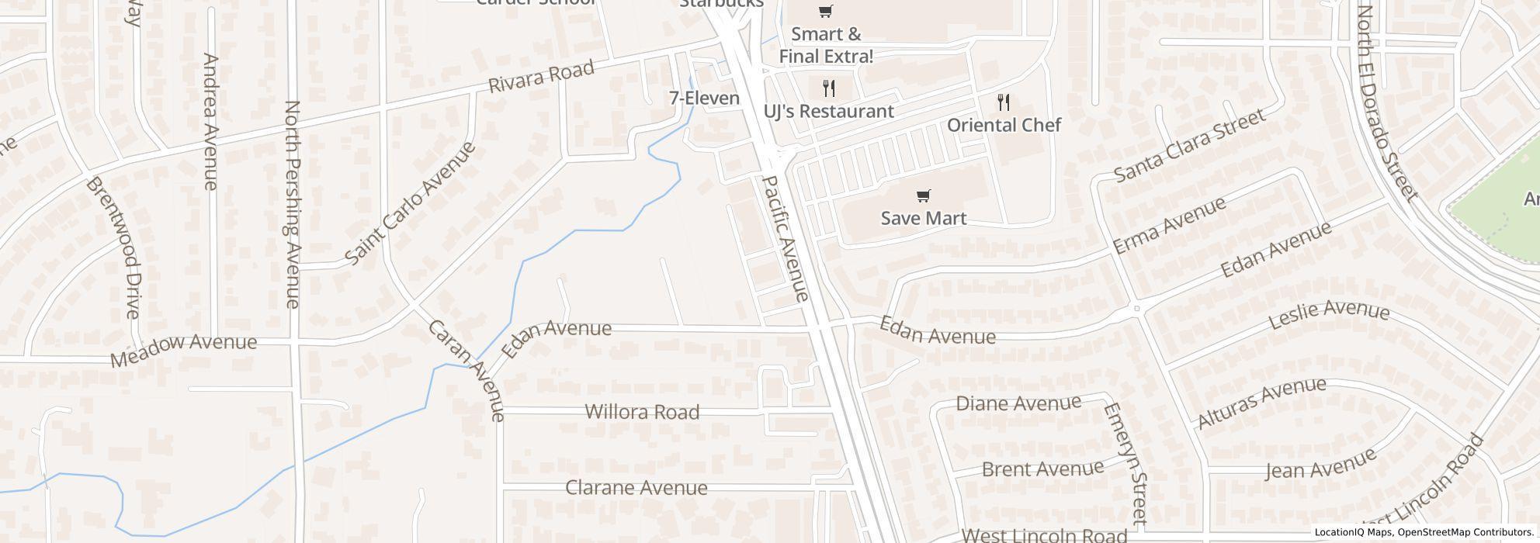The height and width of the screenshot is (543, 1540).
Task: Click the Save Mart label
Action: tap(923, 218)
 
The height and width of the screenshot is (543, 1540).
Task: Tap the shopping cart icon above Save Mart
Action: tap(923, 195)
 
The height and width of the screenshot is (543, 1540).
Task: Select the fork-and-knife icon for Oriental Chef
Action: tap(1004, 102)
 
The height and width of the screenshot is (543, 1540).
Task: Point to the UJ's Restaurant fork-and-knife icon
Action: tap(829, 88)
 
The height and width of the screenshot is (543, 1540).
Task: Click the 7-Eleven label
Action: tap(704, 99)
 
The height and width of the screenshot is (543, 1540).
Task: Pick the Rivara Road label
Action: tap(541, 77)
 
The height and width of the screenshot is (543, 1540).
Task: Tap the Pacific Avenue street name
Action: tap(786, 238)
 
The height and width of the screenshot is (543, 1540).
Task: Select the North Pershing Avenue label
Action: tap(293, 204)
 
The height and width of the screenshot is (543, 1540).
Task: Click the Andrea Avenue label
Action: tap(210, 121)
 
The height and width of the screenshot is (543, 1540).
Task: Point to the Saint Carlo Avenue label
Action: tap(410, 203)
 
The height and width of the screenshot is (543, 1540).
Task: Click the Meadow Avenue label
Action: tap(183, 350)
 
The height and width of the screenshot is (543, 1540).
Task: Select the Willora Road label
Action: tap(642, 412)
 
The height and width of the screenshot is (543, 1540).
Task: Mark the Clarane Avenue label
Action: tap(636, 488)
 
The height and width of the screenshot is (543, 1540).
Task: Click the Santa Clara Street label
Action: tap(1189, 145)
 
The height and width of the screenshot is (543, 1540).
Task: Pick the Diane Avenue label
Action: tap(1018, 403)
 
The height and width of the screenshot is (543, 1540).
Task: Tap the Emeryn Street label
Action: tap(1126, 462)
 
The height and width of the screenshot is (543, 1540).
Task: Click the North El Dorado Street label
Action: tap(1387, 102)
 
